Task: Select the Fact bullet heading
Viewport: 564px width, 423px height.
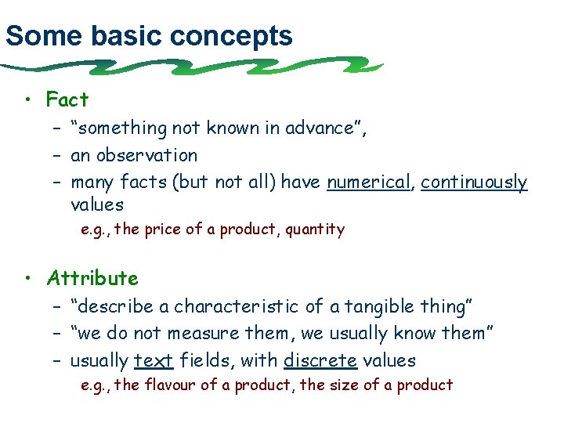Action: click(67, 100)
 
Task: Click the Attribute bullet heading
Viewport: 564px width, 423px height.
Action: click(92, 278)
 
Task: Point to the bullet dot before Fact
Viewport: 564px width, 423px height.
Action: click(27, 100)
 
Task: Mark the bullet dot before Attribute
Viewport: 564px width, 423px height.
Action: click(27, 278)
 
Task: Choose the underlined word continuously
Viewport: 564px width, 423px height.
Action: click(474, 183)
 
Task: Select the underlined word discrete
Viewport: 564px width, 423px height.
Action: click(320, 361)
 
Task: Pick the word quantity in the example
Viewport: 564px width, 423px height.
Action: click(315, 230)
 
